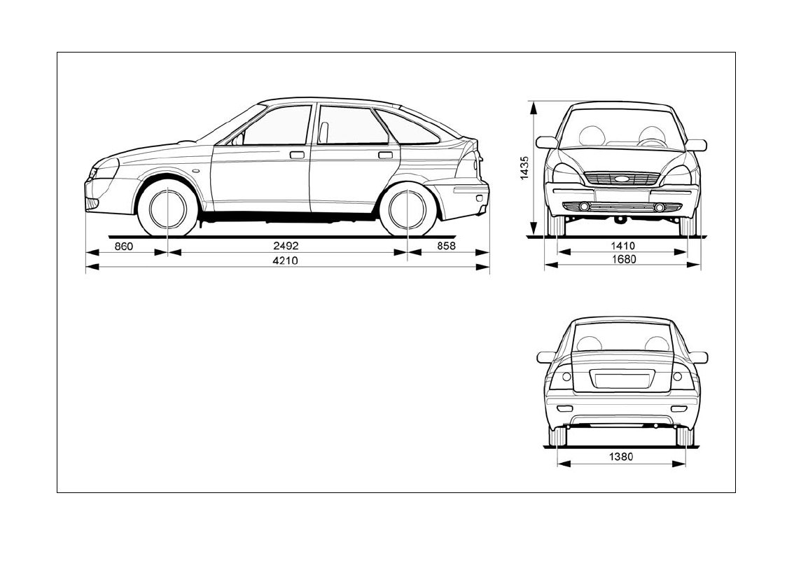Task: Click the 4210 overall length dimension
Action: tap(286, 261)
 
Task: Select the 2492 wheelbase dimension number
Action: tap(286, 246)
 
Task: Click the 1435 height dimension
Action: tap(524, 169)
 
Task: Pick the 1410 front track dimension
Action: tap(622, 246)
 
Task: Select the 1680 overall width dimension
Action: tap(622, 260)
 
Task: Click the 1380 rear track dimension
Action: tap(620, 457)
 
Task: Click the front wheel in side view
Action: tap(168, 209)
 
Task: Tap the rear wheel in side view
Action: tap(407, 209)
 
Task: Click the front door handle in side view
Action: tap(297, 155)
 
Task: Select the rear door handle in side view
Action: tap(385, 155)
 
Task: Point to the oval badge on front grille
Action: tap(622, 179)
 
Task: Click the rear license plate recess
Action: tap(621, 380)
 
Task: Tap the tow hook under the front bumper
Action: tap(620, 221)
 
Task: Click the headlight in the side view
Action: tap(106, 168)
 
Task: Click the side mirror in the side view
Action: tap(237, 139)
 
